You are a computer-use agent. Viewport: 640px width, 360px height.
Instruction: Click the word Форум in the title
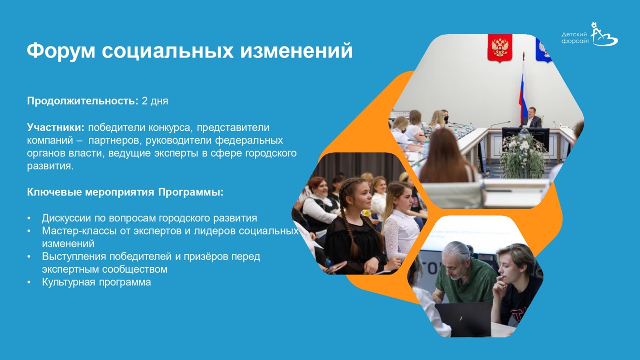pyautogui.click(x=61, y=51)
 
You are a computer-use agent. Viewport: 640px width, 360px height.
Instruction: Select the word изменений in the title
pyautogui.click(x=296, y=51)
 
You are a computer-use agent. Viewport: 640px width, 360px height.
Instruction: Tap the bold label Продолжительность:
pyautogui.click(x=83, y=101)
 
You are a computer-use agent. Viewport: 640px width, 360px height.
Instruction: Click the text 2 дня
pyautogui.click(x=155, y=101)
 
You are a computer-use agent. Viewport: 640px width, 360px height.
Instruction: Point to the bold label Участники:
pyautogui.click(x=56, y=127)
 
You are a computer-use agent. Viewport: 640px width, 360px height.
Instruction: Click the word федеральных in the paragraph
pyautogui.click(x=249, y=141)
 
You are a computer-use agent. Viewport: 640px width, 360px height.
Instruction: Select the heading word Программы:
pyautogui.click(x=191, y=192)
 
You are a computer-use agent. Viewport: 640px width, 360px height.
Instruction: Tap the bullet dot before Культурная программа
pyautogui.click(x=29, y=282)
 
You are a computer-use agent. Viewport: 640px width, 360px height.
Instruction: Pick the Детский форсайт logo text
pyautogui.click(x=575, y=38)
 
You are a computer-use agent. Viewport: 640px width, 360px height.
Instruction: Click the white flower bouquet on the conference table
pyautogui.click(x=523, y=153)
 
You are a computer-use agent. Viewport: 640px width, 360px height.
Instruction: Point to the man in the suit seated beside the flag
pyautogui.click(x=531, y=117)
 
